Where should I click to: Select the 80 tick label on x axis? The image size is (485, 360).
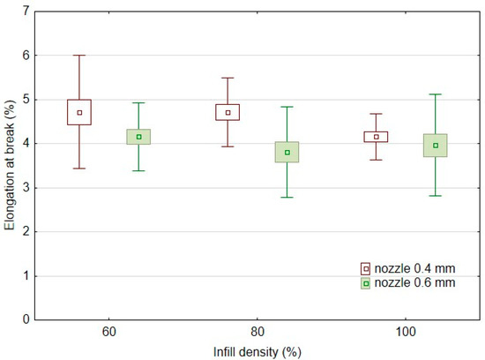[x=257, y=336]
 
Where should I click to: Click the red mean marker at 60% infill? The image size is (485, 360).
[x=79, y=112]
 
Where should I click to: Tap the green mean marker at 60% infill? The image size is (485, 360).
[x=138, y=137]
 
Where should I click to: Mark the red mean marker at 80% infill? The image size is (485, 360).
[x=228, y=112]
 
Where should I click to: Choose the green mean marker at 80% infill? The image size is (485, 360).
[x=287, y=152]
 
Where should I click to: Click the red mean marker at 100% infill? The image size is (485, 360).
[x=377, y=137]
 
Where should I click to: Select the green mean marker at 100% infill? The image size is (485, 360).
[x=436, y=146]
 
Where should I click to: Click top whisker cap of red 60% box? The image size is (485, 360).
[x=79, y=55]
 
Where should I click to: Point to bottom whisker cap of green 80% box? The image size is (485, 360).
[x=287, y=197]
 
